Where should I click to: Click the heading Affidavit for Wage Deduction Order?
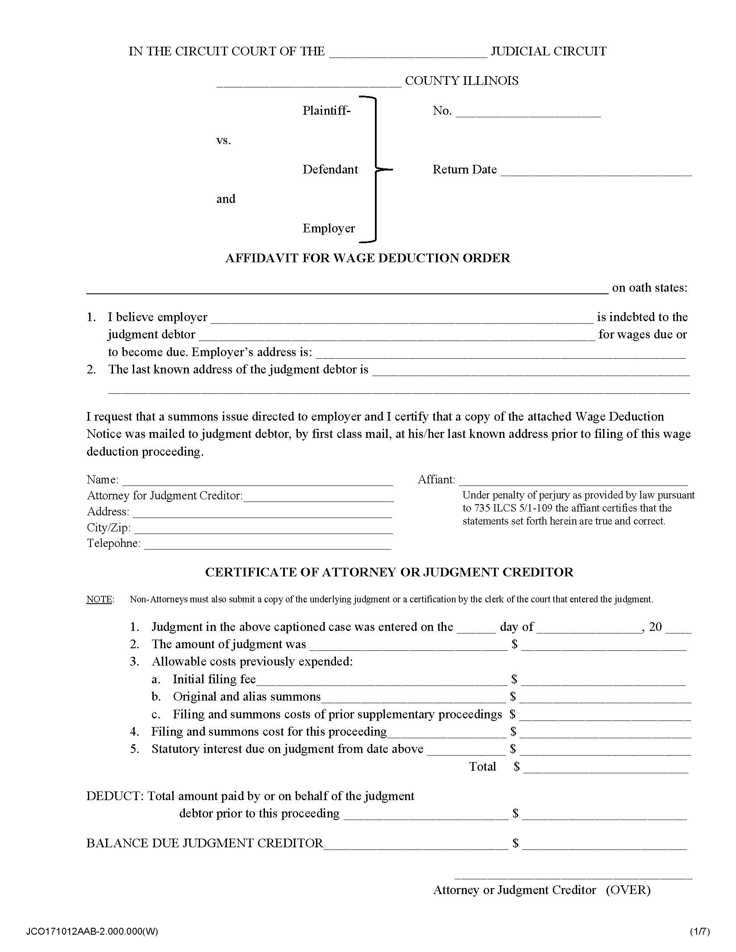[368, 258]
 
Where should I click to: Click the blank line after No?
[528, 114]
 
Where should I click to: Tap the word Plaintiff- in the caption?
[326, 111]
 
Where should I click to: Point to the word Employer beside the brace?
[329, 228]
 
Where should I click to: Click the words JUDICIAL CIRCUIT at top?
[548, 51]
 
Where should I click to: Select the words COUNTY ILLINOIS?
[462, 81]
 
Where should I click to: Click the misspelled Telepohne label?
[113, 543]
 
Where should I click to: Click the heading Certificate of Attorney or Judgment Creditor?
[389, 572]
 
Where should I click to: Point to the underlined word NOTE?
[100, 599]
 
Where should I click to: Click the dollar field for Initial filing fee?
[603, 682]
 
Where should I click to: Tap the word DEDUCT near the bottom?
[114, 796]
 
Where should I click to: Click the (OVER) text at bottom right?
[628, 890]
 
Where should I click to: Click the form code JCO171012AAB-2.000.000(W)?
[92, 932]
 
